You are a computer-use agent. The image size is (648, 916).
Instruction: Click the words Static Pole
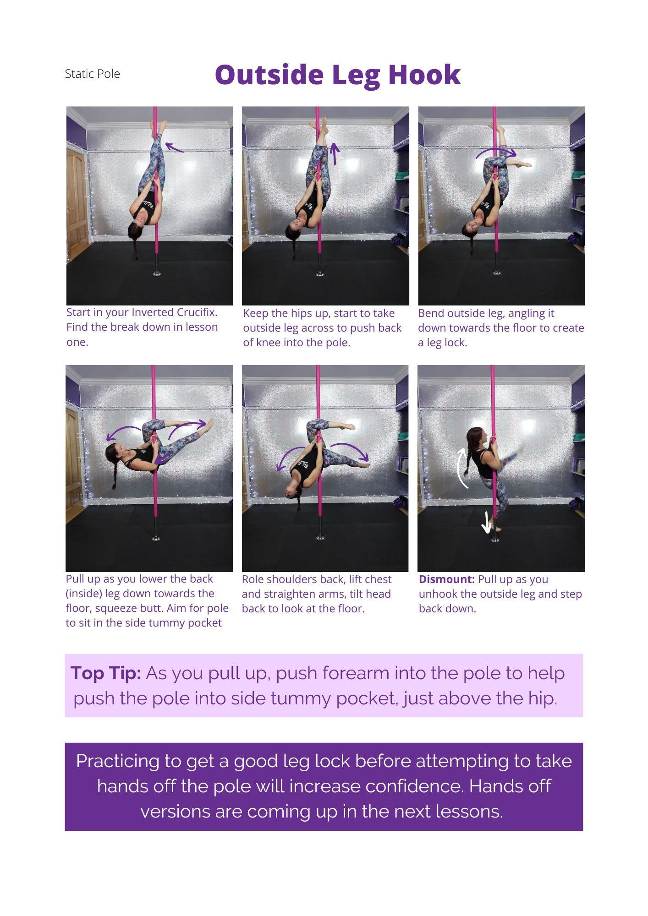tap(93, 74)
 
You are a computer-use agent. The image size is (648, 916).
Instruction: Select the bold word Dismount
tap(447, 579)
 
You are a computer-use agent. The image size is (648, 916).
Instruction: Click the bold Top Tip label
tap(105, 673)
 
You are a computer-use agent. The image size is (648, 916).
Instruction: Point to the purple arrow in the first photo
tap(174, 147)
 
